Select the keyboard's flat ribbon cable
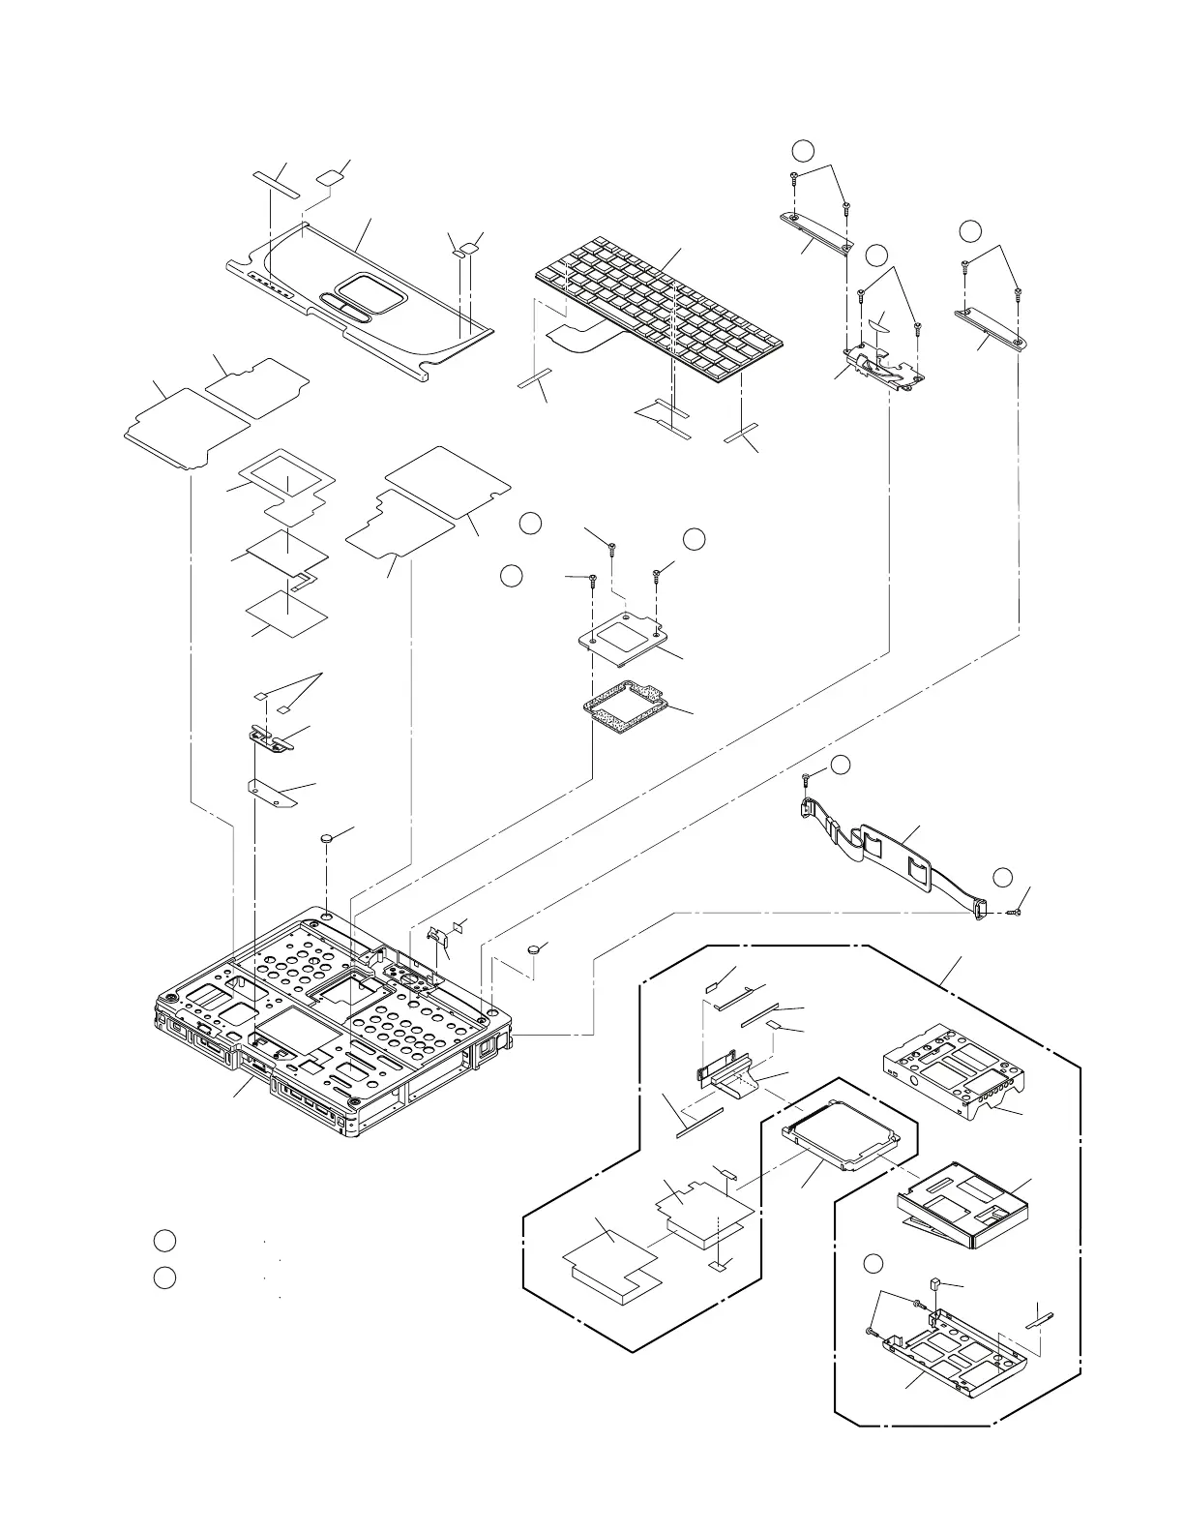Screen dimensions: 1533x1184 (578, 338)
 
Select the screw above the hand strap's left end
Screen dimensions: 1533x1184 (806, 777)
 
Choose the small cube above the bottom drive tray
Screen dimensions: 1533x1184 (934, 1283)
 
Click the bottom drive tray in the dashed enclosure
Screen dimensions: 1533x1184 (943, 1346)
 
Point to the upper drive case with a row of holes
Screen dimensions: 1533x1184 (953, 1070)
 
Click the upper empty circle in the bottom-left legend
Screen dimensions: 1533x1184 (164, 1241)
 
